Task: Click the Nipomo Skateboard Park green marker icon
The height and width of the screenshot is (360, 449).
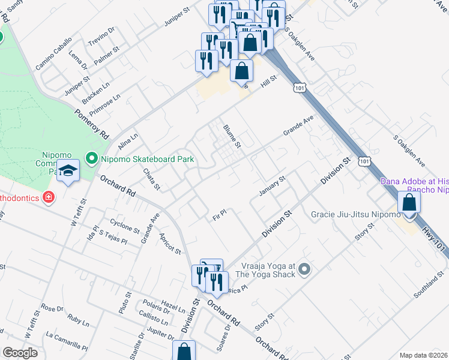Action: [x=91, y=159]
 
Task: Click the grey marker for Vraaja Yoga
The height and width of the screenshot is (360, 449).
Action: [x=304, y=269]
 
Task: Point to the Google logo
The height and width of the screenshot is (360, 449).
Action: [x=20, y=353]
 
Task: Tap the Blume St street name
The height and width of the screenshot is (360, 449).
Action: [x=232, y=136]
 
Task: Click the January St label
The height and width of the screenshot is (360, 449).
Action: [x=271, y=186]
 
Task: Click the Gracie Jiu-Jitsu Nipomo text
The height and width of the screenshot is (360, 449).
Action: [x=355, y=214]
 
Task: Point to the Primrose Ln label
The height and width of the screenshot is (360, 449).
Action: [x=104, y=104]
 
